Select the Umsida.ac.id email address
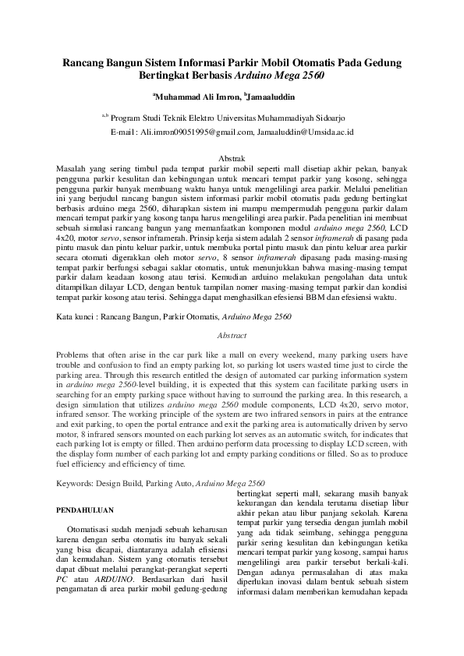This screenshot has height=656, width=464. click(306, 132)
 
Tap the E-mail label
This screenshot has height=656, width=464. click(123, 132)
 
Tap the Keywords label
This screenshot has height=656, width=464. click(77, 483)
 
